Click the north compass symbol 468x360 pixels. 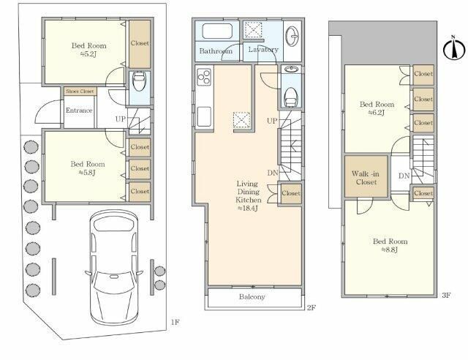[x=454, y=48]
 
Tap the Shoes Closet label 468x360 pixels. [x=80, y=91]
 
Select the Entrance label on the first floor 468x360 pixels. [x=79, y=110]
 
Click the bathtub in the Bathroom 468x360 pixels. [x=217, y=31]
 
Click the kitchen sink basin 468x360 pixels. [x=204, y=116]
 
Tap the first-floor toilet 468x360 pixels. [x=139, y=82]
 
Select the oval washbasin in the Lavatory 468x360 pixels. [x=292, y=37]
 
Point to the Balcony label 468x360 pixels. [x=252, y=296]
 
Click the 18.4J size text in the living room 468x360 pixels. [x=247, y=209]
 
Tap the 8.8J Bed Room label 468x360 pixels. [x=390, y=245]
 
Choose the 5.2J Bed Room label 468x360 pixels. [x=89, y=50]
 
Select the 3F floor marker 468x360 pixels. [x=446, y=295]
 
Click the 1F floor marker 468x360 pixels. [x=175, y=322]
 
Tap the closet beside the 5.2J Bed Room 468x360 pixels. [x=140, y=44]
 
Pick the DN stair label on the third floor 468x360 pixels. [x=404, y=176]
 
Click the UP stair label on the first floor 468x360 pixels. [x=121, y=119]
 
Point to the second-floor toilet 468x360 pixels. [x=291, y=96]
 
